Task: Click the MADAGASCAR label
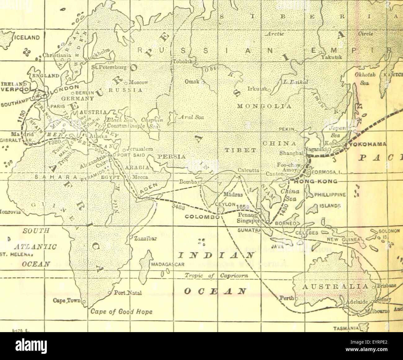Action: click(x=168, y=265)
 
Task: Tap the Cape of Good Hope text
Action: click(x=122, y=311)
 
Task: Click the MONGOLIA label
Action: click(x=263, y=106)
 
